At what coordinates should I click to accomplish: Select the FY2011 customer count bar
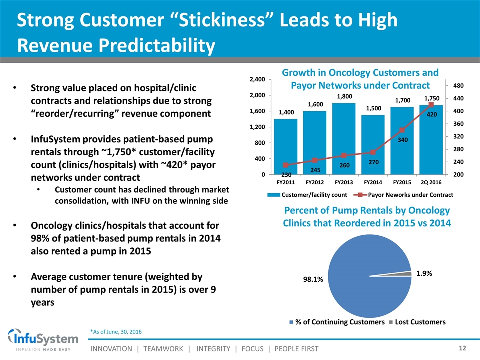click(x=286, y=147)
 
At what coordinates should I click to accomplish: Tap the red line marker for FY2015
click(x=402, y=130)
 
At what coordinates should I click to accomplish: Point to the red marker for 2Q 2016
click(x=431, y=105)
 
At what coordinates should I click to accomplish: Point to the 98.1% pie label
click(x=313, y=280)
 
